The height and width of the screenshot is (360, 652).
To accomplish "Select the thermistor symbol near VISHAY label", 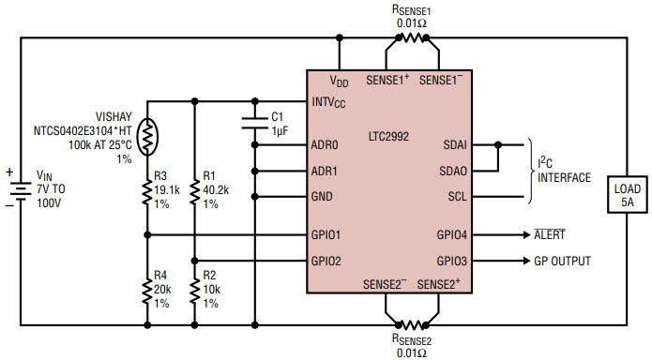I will click(148, 138).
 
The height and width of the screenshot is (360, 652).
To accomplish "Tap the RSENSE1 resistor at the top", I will click(408, 38).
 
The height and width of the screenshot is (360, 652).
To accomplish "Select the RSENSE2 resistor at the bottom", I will click(408, 307).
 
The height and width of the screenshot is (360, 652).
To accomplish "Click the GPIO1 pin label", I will click(327, 234).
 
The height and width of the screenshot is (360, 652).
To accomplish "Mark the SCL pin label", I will click(454, 198).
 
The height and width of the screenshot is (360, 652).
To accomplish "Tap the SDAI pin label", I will click(454, 145).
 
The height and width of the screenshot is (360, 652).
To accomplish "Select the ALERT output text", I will click(569, 235).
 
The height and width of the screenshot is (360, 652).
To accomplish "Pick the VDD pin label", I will click(341, 82).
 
